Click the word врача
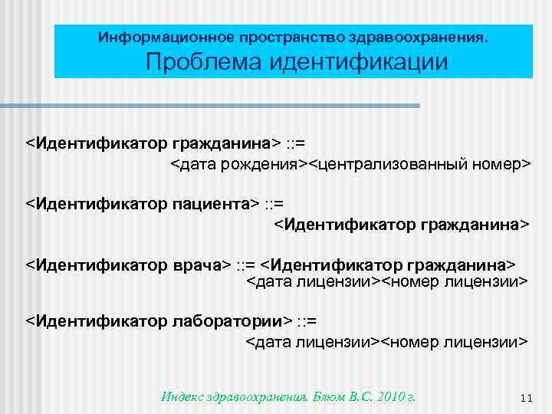pos(195,265)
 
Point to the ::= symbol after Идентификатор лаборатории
pos(307,319)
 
